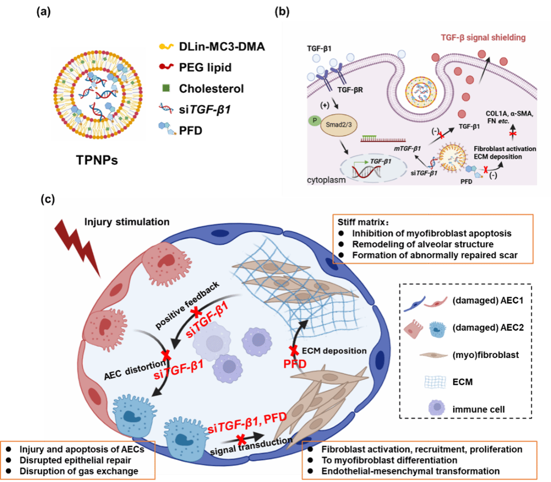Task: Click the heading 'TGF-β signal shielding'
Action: click(x=483, y=38)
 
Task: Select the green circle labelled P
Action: click(x=313, y=120)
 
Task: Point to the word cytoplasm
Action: click(x=326, y=180)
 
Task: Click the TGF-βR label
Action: click(x=350, y=90)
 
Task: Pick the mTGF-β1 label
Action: click(x=407, y=148)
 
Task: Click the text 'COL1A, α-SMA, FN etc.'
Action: click(x=509, y=117)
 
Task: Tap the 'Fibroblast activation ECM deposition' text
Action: click(x=504, y=152)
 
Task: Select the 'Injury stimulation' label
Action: click(x=127, y=222)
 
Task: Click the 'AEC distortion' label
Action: click(x=134, y=370)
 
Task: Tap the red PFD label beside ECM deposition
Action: click(x=295, y=364)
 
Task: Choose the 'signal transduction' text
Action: click(x=251, y=446)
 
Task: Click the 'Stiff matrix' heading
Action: click(x=363, y=222)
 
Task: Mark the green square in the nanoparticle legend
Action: click(x=166, y=88)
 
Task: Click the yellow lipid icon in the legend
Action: click(x=166, y=46)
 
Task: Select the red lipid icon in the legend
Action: click(x=166, y=67)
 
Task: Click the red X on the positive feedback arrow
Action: click(x=196, y=312)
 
